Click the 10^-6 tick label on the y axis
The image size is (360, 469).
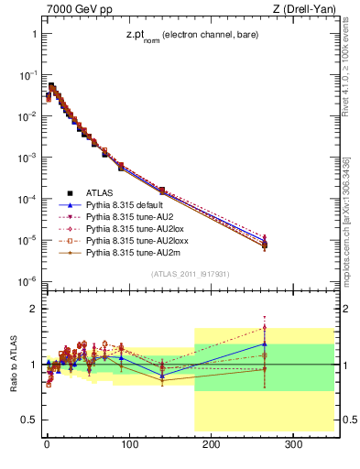[x=26, y=281]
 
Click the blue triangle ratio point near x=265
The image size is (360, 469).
[x=265, y=344]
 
